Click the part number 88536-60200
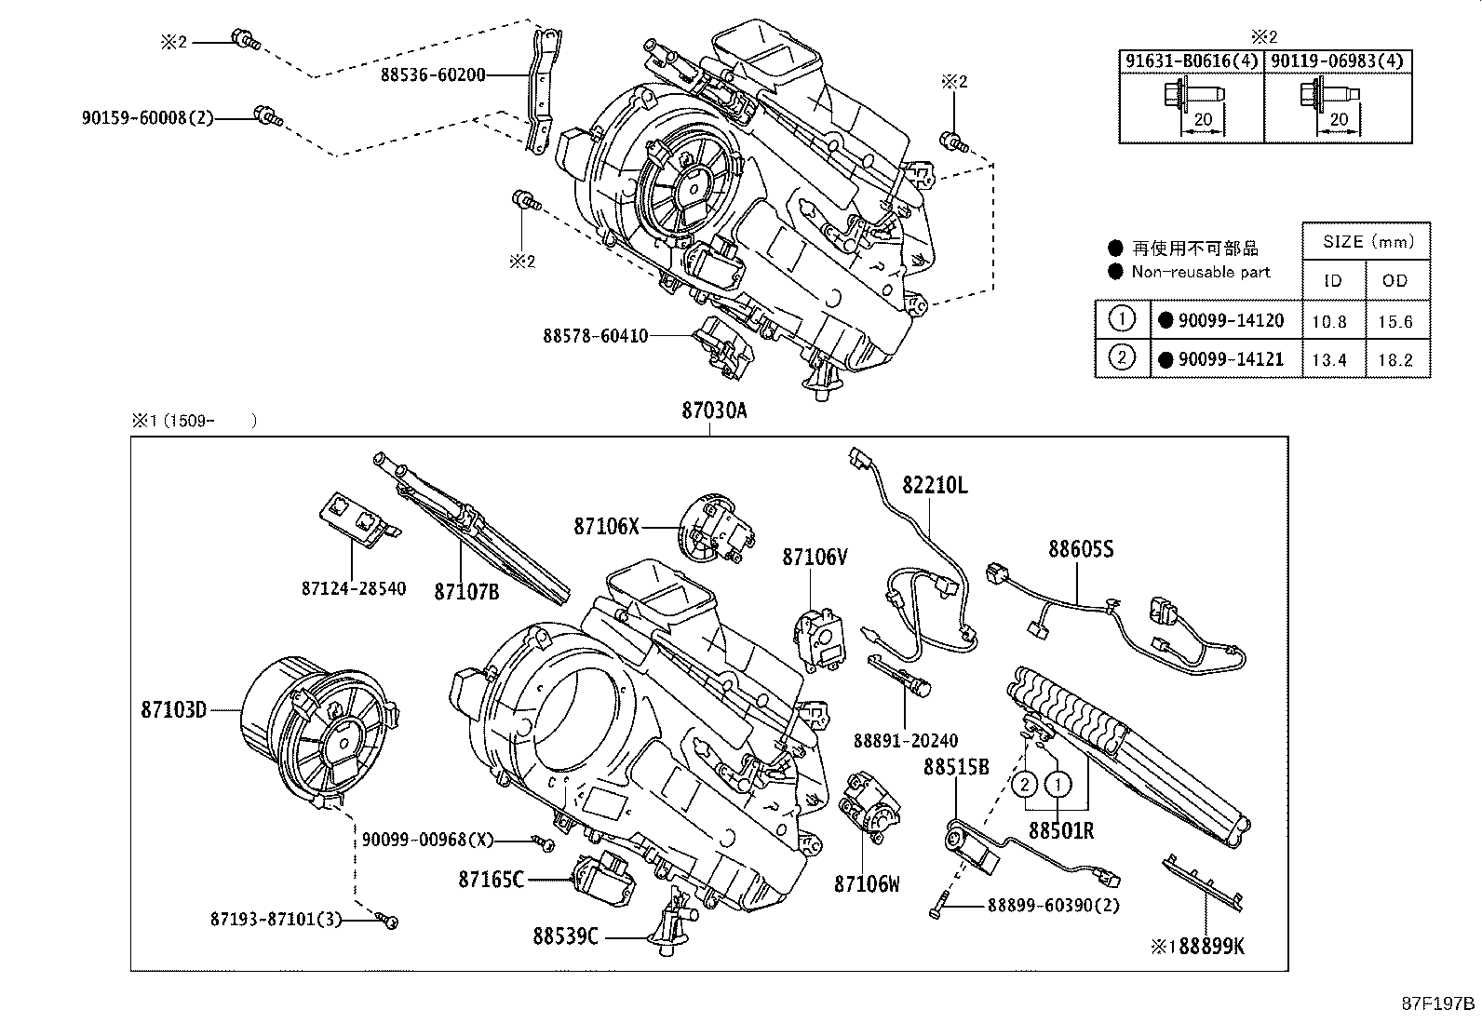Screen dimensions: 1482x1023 [433, 74]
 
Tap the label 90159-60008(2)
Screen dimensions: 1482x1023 [147, 118]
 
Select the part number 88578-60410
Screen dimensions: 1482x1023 [596, 336]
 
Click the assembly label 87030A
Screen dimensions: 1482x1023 [714, 411]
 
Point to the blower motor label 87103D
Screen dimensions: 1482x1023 [174, 710]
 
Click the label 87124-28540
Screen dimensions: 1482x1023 [354, 588]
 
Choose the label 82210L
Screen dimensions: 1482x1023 [935, 485]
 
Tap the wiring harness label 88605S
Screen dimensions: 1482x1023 [1081, 548]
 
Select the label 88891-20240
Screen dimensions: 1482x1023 [906, 740]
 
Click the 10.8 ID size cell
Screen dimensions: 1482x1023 [1330, 321]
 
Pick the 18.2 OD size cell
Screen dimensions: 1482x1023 [1395, 360]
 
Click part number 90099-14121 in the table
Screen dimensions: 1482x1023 [1231, 359]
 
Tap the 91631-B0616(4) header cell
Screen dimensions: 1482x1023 [1191, 61]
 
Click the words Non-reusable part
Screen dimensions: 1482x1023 [1201, 272]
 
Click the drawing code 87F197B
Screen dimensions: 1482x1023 [1437, 1003]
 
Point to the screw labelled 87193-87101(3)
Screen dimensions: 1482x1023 [387, 919]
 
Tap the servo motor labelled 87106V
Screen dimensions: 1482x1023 [819, 639]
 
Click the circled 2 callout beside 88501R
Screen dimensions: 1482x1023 [1025, 786]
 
